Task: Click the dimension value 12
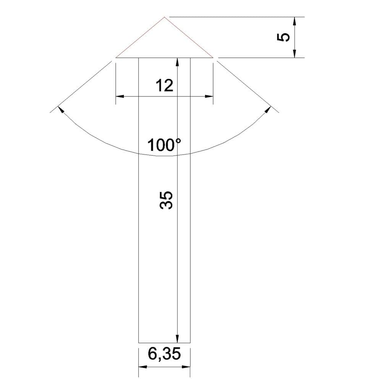(164, 86)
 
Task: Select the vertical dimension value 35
(166, 200)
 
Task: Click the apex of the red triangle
(164, 17)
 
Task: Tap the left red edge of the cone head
(140, 38)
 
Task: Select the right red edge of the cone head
(189, 38)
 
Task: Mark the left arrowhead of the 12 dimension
(120, 96)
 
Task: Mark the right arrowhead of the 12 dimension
(209, 96)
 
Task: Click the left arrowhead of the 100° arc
(60, 109)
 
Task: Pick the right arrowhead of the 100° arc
(268, 109)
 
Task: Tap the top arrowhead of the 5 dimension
(295, 21)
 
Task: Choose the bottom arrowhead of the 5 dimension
(295, 54)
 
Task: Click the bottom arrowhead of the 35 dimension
(177, 338)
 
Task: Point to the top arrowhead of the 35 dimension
(177, 62)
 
